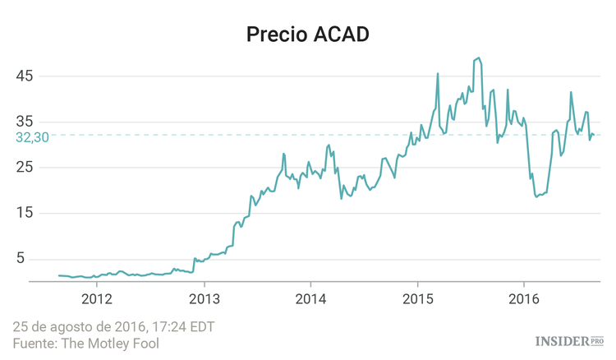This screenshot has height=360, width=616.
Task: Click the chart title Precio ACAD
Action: coord(308,35)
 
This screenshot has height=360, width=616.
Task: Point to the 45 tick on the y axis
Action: coord(25,76)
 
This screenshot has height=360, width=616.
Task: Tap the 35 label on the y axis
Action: coord(25,122)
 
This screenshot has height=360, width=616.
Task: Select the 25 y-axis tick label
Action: coord(25,168)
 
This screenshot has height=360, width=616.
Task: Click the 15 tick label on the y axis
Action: coord(25,214)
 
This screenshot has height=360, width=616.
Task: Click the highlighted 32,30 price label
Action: coord(33,138)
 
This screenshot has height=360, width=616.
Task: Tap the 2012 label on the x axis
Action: coord(97,298)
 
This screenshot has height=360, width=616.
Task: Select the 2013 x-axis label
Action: coord(204,298)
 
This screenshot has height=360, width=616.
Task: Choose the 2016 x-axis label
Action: coord(524,298)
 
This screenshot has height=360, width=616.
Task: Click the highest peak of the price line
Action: coord(478,58)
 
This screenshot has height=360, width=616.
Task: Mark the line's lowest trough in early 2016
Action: coord(536,196)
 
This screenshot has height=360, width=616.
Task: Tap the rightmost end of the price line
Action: coord(595,136)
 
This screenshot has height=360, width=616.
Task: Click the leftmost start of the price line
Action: coord(59,275)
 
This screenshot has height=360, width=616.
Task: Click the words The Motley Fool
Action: coord(112,343)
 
